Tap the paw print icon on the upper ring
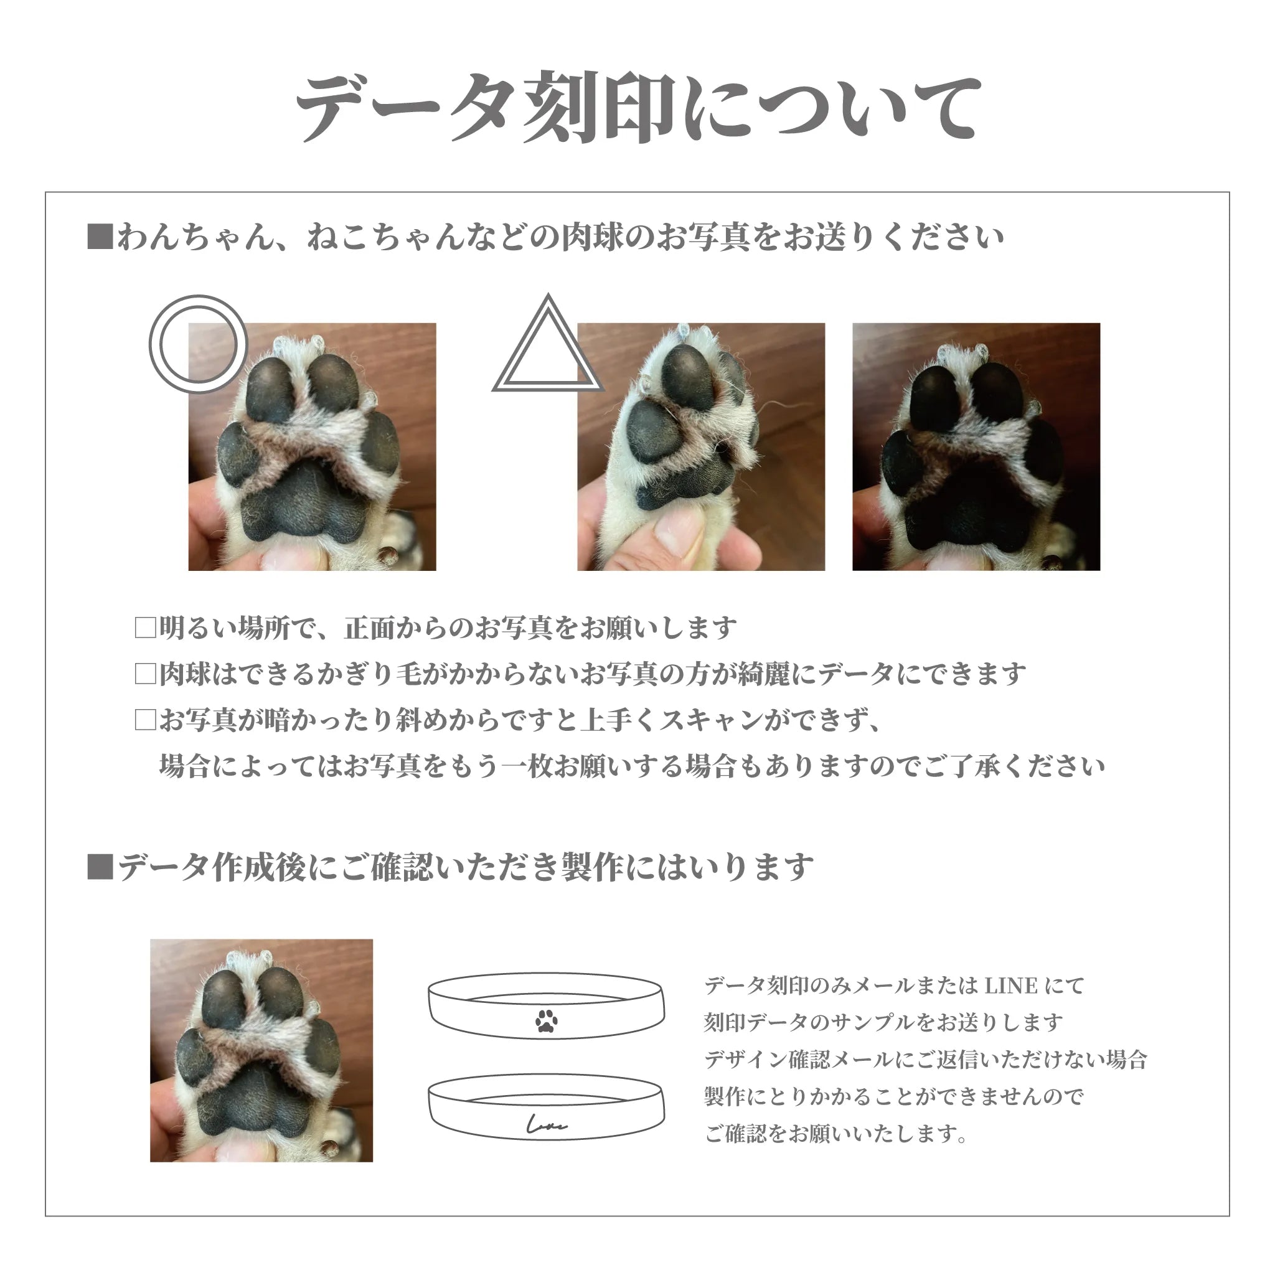547,1020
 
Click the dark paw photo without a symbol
976,447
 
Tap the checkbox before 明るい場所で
145,628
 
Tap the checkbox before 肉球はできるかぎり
145,674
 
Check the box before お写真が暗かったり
145,720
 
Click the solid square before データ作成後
100,867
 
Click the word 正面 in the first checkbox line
370,628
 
